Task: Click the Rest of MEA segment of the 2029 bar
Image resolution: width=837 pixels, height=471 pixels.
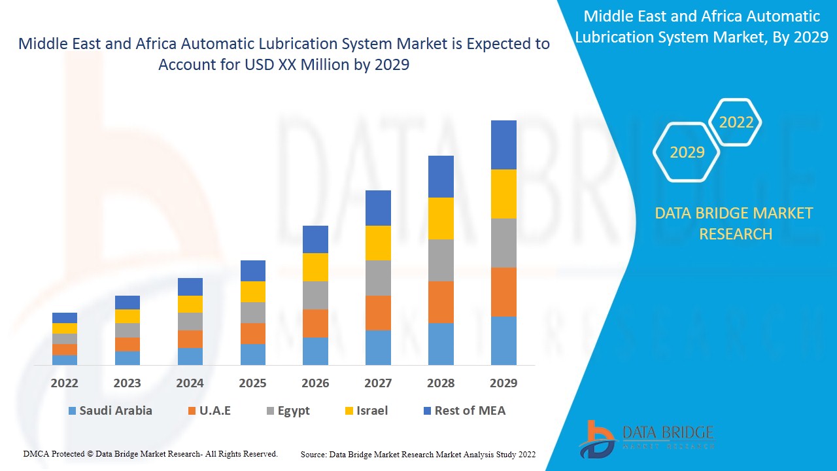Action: click(x=504, y=145)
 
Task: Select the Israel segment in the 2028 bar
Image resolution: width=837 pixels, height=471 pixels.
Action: click(x=441, y=218)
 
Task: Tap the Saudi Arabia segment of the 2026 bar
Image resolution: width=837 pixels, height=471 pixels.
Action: click(x=315, y=351)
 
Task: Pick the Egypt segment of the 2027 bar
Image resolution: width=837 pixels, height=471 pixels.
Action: click(x=378, y=277)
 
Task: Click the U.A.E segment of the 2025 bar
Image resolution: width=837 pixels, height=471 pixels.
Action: click(x=252, y=333)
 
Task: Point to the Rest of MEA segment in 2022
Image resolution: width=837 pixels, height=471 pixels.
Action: click(x=65, y=317)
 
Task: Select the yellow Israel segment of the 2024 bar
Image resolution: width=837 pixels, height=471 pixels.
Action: click(x=190, y=304)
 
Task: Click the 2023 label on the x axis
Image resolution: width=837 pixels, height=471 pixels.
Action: click(x=128, y=383)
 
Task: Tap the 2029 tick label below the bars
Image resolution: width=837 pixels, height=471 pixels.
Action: click(x=504, y=383)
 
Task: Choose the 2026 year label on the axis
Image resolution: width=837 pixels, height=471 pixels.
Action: click(x=315, y=383)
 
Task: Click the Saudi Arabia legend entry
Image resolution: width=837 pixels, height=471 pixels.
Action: click(x=110, y=411)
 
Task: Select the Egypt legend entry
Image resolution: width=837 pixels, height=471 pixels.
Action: click(x=288, y=411)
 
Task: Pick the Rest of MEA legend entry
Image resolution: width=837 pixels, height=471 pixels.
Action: click(x=464, y=411)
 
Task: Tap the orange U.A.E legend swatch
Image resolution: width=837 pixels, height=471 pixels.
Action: click(x=192, y=411)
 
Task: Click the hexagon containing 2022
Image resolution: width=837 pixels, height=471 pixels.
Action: click(x=736, y=122)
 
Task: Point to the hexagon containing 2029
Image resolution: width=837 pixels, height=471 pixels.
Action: click(x=687, y=152)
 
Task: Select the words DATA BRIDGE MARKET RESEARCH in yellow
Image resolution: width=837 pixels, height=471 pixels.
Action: click(x=735, y=223)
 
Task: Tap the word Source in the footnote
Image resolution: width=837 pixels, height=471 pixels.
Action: click(x=313, y=454)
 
